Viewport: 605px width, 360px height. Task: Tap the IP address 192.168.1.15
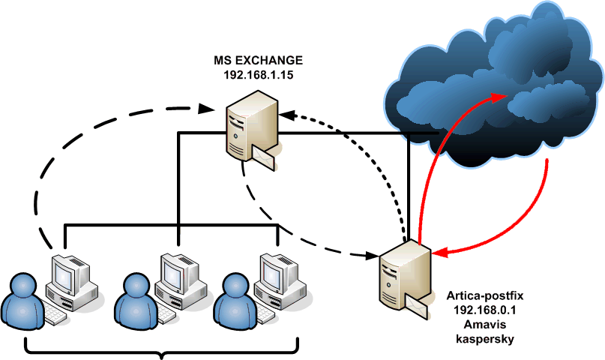pos(255,75)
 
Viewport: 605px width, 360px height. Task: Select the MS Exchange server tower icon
pos(250,123)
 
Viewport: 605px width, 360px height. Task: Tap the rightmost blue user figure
pos(235,300)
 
